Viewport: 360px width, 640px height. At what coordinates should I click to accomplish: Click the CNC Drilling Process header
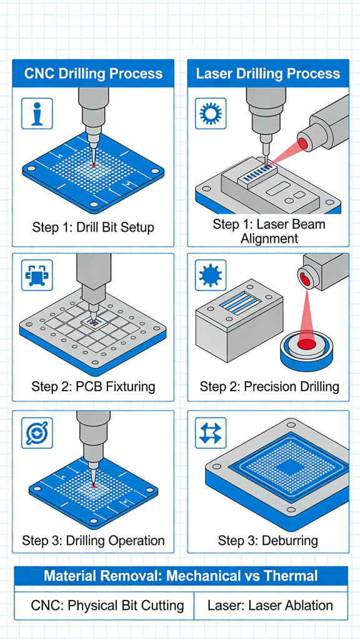click(x=93, y=74)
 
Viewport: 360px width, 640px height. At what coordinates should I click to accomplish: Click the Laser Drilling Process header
click(x=268, y=74)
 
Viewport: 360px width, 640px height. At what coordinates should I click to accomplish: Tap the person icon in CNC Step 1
click(x=37, y=113)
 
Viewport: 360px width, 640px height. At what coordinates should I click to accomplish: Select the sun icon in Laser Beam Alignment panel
click(x=211, y=113)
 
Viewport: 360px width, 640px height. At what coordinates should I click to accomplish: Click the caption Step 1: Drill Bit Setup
click(x=93, y=227)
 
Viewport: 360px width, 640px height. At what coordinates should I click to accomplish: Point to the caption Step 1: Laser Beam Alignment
click(x=268, y=231)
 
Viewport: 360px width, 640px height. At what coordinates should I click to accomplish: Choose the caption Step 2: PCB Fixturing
click(x=93, y=386)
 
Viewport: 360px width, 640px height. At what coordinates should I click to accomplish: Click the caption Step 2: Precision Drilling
click(x=268, y=386)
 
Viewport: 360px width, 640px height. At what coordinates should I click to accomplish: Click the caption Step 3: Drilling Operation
click(x=93, y=540)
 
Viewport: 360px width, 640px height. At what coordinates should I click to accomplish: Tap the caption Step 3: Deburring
click(x=268, y=540)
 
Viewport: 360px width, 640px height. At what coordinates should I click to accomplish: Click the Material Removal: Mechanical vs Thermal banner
click(x=181, y=576)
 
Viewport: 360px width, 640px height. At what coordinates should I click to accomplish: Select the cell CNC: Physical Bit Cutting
click(x=107, y=605)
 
